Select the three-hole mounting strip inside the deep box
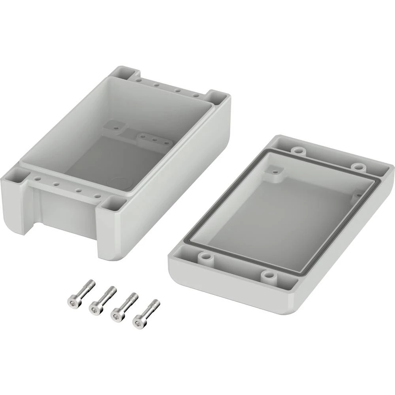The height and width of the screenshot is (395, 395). point(152,139)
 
